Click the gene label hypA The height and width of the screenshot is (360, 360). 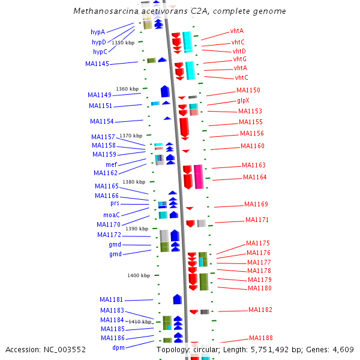[x=98, y=32]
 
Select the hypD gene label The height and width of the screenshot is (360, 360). [x=99, y=42]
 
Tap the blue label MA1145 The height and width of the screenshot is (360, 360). [x=97, y=64]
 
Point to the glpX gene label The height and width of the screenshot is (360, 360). [x=243, y=101]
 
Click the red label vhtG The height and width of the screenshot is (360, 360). [x=240, y=59]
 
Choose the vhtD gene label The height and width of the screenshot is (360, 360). [x=239, y=52]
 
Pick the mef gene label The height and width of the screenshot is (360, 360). [x=112, y=164]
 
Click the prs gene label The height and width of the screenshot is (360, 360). [x=115, y=203]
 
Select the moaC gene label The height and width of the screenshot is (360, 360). [x=112, y=214]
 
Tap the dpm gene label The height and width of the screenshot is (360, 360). [x=119, y=347]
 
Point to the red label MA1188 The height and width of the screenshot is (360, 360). [x=260, y=338]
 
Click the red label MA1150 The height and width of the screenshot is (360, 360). [x=248, y=90]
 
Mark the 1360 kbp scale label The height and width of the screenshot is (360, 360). [x=127, y=89]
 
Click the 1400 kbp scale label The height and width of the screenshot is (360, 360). [x=139, y=275]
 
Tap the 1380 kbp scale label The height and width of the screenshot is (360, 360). [x=134, y=182]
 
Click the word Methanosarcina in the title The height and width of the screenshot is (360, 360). [x=103, y=11]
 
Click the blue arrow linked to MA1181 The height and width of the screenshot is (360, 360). [x=178, y=299]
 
